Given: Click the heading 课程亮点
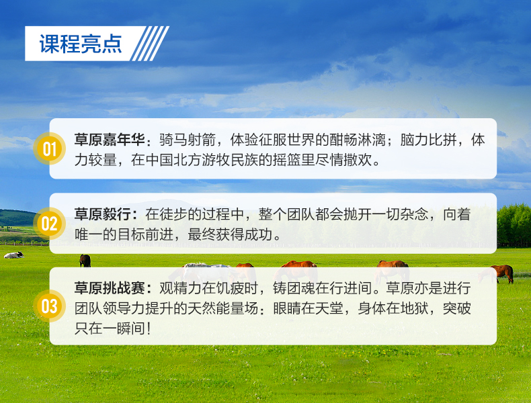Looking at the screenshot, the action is tap(81, 44).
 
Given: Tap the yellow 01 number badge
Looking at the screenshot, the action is tap(50, 148).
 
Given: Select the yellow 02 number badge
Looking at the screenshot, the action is tap(50, 223).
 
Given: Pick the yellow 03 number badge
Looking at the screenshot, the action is tap(50, 306).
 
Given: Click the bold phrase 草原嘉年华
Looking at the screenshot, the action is tap(110, 140).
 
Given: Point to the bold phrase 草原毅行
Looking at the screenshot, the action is tap(103, 214).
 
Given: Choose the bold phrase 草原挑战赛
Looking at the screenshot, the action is tap(110, 288).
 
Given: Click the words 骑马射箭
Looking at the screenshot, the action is tap(188, 140).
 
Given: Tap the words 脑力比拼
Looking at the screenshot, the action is tap(428, 140).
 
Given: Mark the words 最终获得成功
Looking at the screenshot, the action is tap(231, 234).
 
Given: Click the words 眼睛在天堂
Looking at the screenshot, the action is tap(308, 308).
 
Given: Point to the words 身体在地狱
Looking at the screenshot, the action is tap(393, 308).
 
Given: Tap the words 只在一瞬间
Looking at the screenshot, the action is tap(110, 328).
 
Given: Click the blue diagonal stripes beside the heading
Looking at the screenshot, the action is tap(150, 44).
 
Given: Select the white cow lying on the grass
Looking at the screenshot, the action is tap(14, 255).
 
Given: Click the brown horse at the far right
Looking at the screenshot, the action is tap(503, 273).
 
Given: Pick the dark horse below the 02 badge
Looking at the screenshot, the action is tap(85, 261).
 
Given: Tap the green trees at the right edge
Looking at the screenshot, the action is tap(514, 224).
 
